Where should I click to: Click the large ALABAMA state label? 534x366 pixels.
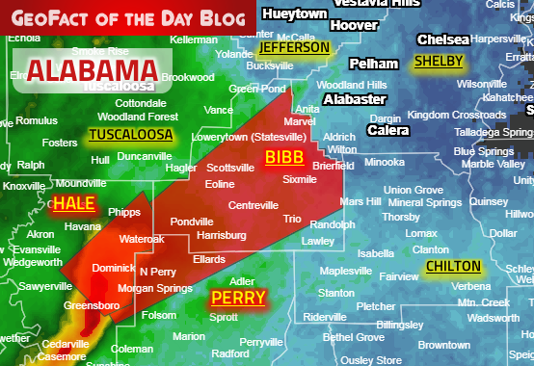(93, 70)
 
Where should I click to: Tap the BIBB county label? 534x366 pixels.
(284, 157)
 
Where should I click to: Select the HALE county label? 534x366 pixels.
(74, 203)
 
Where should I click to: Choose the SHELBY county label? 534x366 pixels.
(438, 62)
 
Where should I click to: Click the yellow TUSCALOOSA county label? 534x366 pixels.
(130, 135)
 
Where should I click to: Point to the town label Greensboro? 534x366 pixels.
(92, 306)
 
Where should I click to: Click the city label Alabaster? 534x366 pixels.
(355, 99)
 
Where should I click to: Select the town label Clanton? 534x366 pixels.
(430, 249)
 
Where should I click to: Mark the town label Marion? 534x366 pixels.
(189, 336)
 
